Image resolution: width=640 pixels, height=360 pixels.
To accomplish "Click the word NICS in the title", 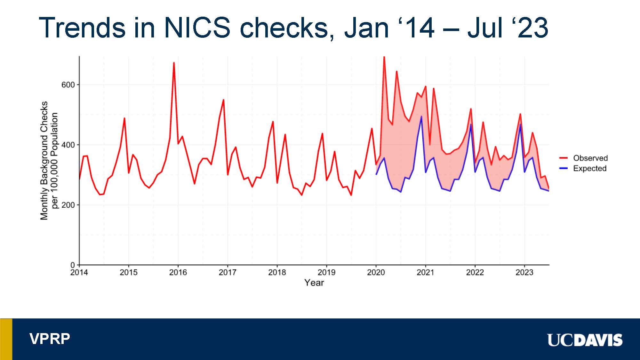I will tap(197, 28).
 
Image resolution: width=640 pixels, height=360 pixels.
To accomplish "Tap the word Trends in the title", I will tap(82, 28).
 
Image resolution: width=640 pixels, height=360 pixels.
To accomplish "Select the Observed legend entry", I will tap(590, 158).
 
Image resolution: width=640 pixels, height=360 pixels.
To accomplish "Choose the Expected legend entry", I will tap(589, 168).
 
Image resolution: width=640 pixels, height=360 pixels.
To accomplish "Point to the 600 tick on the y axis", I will tap(68, 85).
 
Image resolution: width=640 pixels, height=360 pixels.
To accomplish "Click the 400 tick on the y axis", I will tap(68, 145).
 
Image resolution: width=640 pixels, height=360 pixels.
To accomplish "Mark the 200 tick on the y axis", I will tap(68, 205).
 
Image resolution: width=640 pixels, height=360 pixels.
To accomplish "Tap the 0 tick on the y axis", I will tap(73, 265).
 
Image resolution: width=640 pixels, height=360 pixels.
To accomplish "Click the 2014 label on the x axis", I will tap(79, 272).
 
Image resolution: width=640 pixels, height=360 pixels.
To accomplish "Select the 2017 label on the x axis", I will tap(228, 272).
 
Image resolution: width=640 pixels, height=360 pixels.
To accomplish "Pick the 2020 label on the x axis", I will tap(376, 272).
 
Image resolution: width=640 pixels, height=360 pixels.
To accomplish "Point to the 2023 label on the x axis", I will tap(524, 272).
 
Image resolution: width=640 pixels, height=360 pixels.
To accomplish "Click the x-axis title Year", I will tap(314, 283).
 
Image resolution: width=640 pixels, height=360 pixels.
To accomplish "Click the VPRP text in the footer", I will tap(50, 339).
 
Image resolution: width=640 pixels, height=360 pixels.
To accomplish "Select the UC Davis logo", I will tap(585, 340).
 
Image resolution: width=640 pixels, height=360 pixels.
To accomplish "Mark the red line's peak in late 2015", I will tap(174, 63).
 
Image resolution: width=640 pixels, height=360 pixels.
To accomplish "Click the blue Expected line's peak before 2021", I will tap(421, 116).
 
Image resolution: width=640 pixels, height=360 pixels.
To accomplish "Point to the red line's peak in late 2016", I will tap(223, 100).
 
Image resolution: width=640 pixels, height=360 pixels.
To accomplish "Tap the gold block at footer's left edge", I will tap(6, 339).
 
